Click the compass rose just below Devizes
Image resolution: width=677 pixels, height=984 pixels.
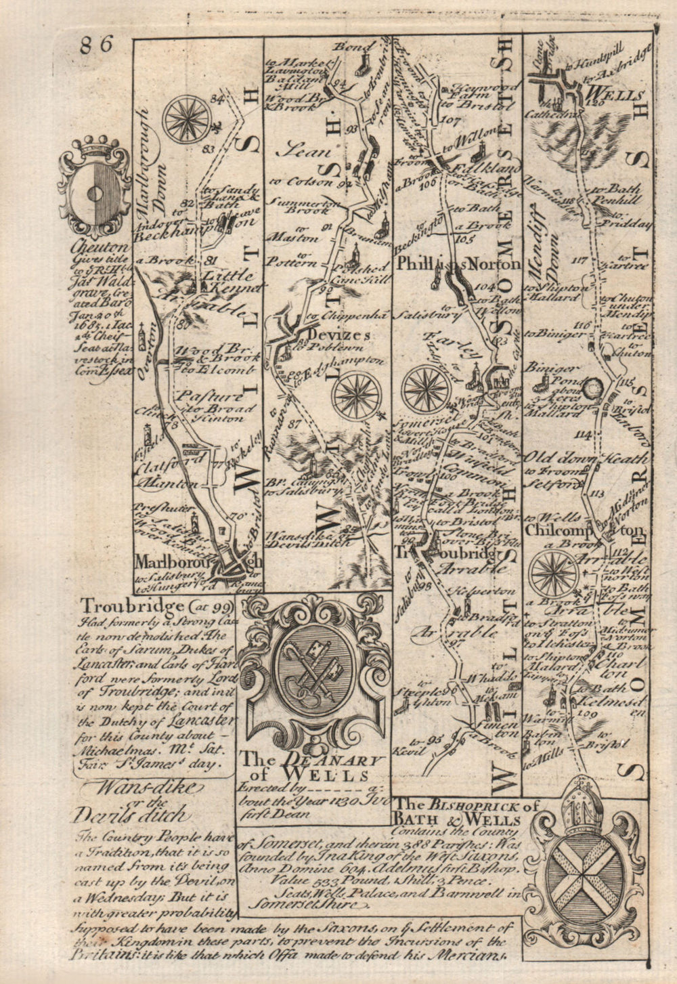357,394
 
